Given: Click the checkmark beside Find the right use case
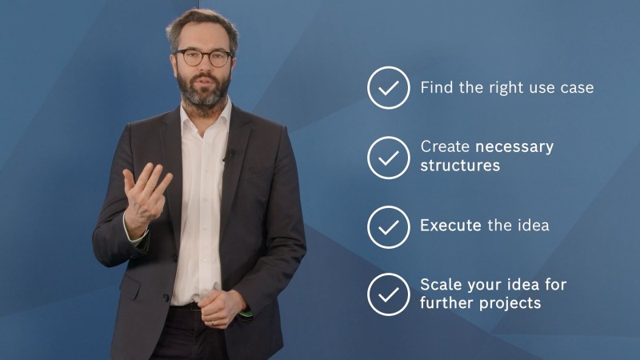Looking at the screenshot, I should [x=389, y=88].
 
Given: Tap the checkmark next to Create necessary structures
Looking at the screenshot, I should [x=389, y=157].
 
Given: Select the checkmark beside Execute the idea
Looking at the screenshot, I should [x=389, y=226].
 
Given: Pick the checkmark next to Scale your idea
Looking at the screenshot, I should [x=389, y=294].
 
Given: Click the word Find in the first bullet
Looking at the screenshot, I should [x=436, y=88].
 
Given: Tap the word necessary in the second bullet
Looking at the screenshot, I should [x=514, y=148].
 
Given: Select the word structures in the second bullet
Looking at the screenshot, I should [x=460, y=166].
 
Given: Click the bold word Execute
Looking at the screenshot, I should [x=451, y=226].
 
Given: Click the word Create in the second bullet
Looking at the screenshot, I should [x=445, y=148].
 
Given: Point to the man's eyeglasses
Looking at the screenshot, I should [x=203, y=58].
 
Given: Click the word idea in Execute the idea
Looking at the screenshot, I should [x=532, y=226].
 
